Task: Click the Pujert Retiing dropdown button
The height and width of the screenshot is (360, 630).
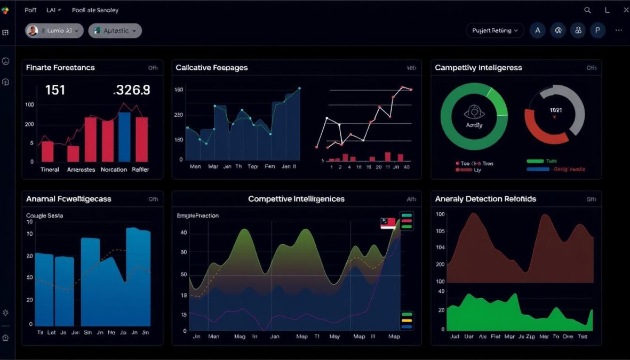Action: coord(495,30)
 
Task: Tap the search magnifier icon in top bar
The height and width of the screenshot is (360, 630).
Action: coord(587,10)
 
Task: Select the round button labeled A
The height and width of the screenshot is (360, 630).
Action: coord(538,30)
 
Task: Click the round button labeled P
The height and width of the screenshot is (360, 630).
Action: coord(597,30)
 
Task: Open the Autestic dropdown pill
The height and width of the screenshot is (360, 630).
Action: coord(115,30)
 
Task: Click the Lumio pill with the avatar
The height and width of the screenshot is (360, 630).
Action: coord(54,30)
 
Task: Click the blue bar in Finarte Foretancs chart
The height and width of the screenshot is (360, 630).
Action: coord(124,137)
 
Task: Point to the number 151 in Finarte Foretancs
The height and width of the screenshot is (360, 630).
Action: coord(55,90)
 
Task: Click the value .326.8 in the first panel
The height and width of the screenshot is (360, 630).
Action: coord(132,90)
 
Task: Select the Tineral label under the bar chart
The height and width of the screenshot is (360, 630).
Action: coord(49,170)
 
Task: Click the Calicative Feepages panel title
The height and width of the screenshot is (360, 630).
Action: coord(212,68)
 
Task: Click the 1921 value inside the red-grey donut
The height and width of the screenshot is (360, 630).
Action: coord(555,110)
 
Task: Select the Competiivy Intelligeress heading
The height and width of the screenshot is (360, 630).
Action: coord(478,68)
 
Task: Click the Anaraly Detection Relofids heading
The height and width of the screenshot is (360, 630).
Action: coord(485,199)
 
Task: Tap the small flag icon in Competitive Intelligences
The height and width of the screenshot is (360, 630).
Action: coord(388,223)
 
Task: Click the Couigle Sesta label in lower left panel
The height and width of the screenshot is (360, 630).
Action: coord(44,215)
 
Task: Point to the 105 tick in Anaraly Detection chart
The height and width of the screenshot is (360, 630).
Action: coord(440,231)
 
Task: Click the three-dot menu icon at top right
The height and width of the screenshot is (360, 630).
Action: coord(618,30)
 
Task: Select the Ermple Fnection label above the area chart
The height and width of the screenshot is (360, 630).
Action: coord(197,215)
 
